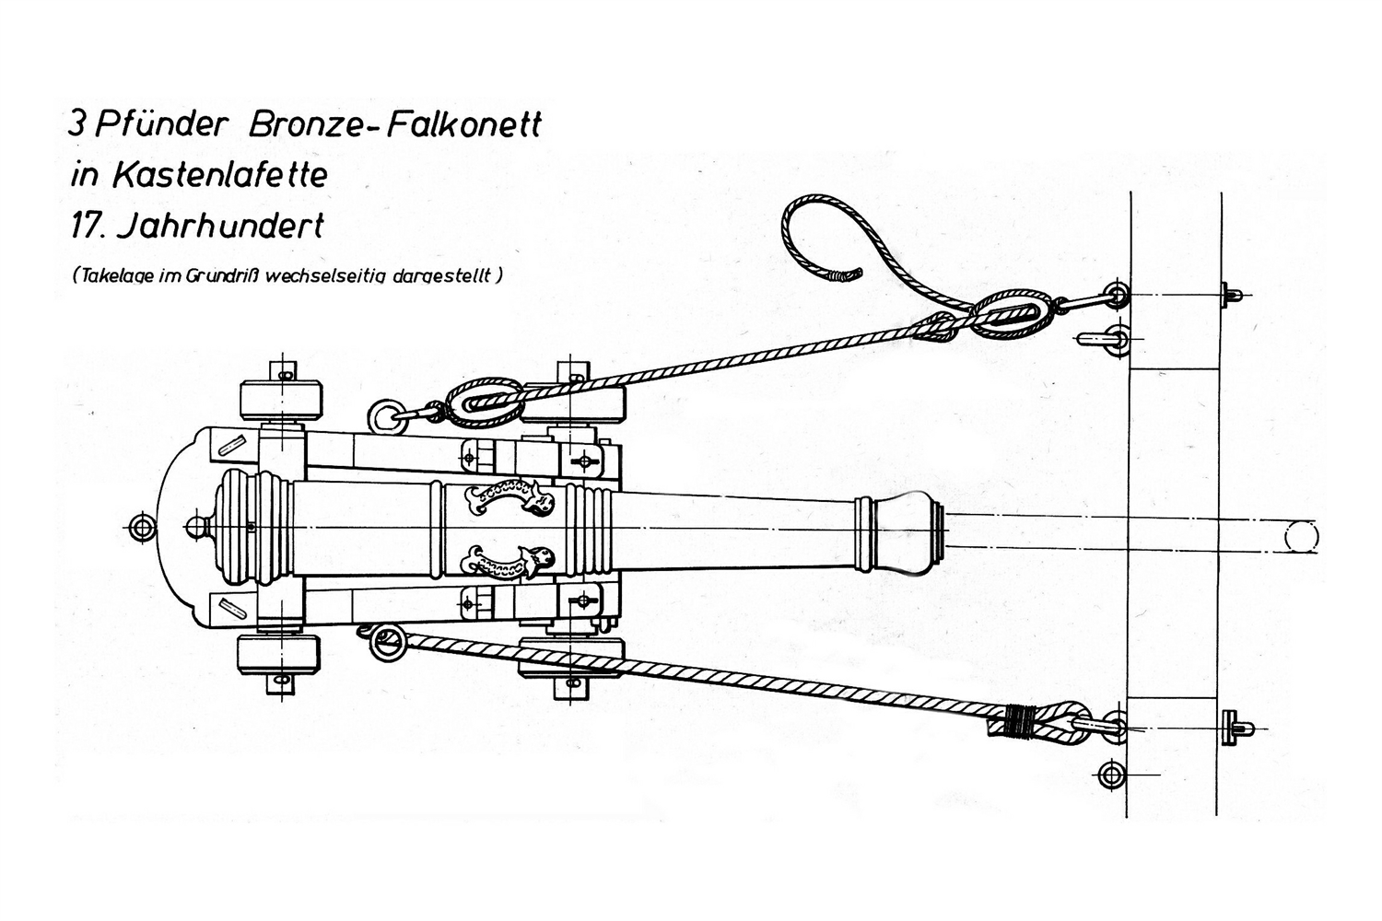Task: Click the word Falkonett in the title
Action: pos(463,125)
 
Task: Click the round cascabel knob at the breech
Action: pos(196,528)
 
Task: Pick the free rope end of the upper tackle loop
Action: pos(843,274)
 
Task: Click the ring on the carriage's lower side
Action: pos(387,643)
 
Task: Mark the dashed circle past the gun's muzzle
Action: pos(1301,536)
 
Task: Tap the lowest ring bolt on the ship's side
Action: pos(1112,774)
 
